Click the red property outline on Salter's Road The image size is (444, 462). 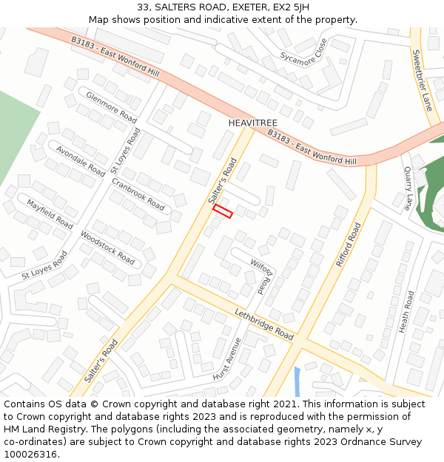(x=223, y=211)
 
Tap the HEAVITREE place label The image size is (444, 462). (x=252, y=122)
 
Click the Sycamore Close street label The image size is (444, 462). (x=303, y=51)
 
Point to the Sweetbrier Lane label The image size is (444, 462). (x=422, y=80)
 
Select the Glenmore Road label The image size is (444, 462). (x=112, y=108)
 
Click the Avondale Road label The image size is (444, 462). (x=81, y=159)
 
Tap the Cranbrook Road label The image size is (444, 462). (x=138, y=194)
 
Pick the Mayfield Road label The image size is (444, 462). (x=50, y=214)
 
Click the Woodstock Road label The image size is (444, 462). (x=108, y=247)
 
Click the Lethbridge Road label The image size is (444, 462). (x=265, y=322)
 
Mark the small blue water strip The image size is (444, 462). (x=297, y=381)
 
